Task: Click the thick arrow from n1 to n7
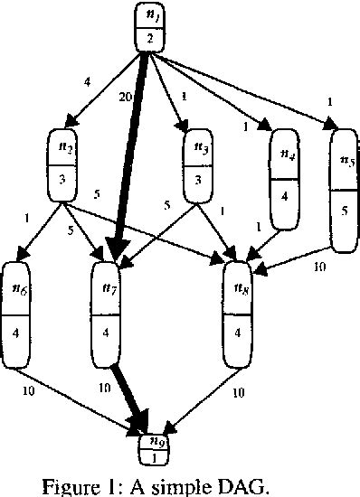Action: pyautogui.click(x=130, y=154)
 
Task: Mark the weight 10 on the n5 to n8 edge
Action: pyautogui.click(x=319, y=267)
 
